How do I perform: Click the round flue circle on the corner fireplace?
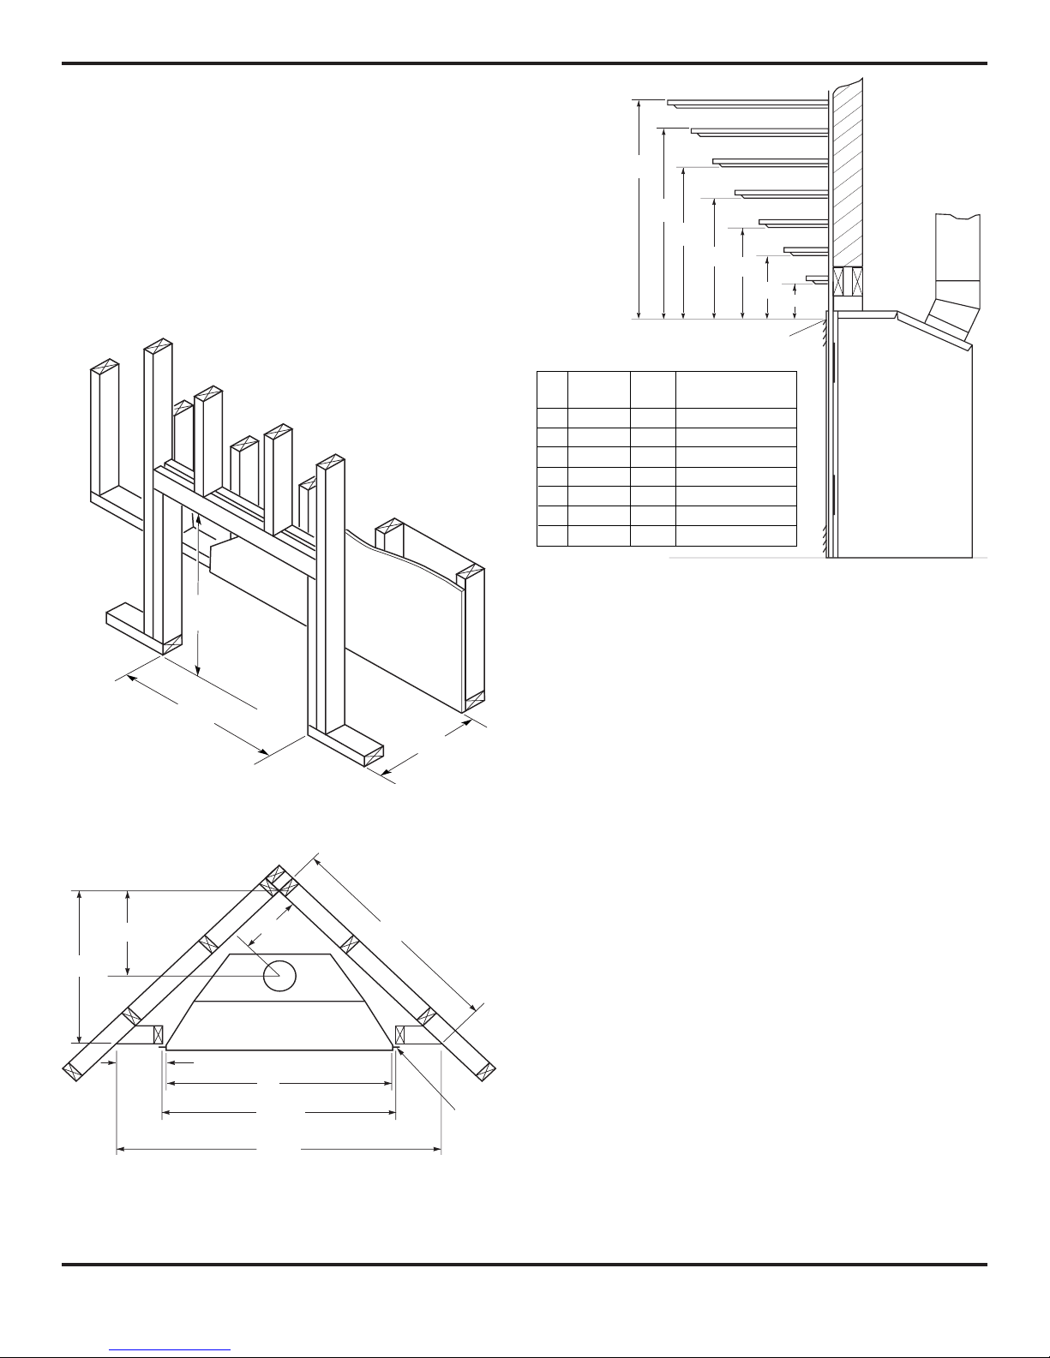pos(279,975)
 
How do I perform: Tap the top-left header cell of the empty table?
pos(552,390)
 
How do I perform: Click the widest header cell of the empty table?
pos(735,390)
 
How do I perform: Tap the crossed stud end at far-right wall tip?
pos(488,1070)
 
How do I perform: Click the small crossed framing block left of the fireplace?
pos(158,1035)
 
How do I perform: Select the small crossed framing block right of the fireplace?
pos(400,1035)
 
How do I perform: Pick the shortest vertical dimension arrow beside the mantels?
pos(797,299)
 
